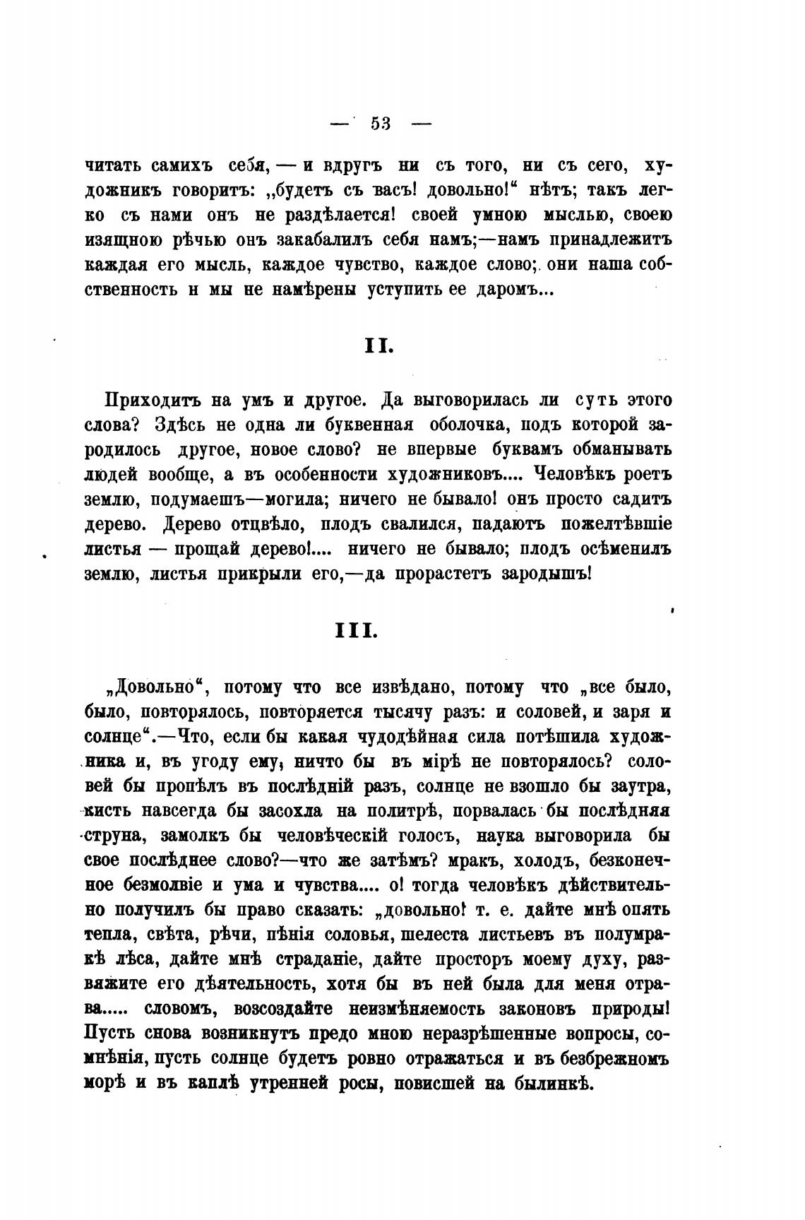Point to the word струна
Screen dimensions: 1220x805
[115, 836]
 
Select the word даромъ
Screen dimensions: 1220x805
[513, 290]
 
